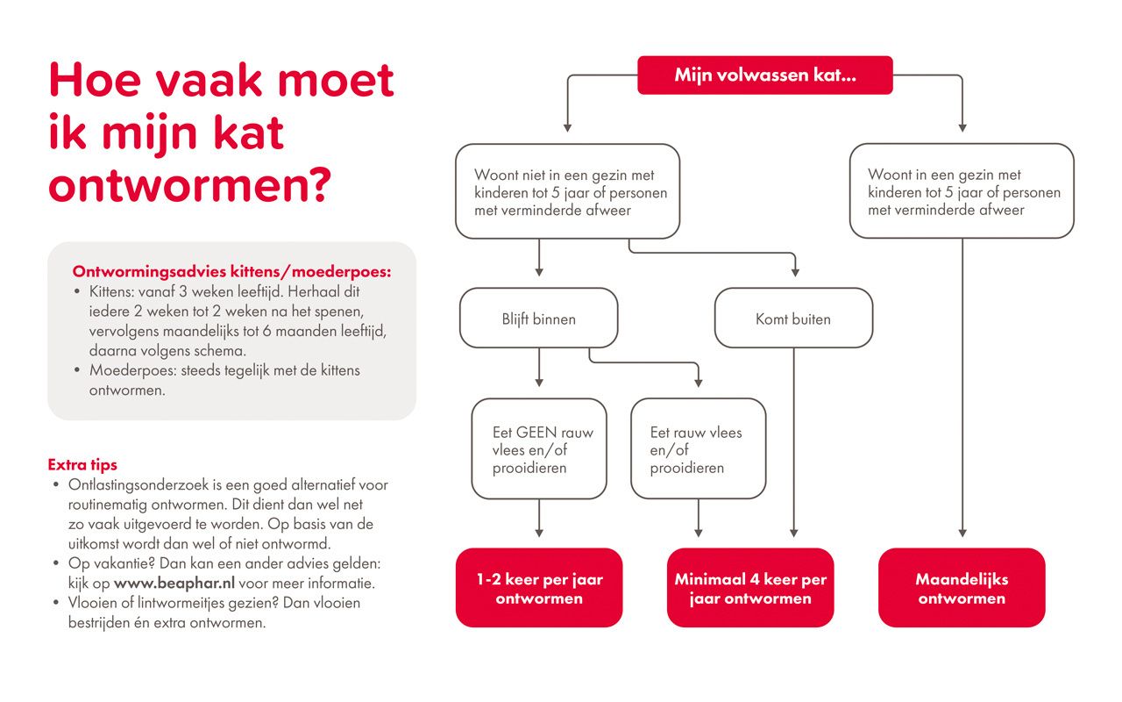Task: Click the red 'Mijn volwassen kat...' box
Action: [x=764, y=75]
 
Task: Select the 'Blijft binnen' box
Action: [x=538, y=319]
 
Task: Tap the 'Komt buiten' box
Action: [x=793, y=319]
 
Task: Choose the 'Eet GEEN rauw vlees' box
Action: [x=538, y=449]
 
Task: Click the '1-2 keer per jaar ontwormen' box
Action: [x=538, y=589]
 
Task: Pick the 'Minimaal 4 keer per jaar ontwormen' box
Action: [x=749, y=589]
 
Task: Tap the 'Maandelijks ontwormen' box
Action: [x=962, y=589]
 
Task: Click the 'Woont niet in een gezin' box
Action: [x=567, y=192]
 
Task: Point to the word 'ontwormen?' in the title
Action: [x=189, y=185]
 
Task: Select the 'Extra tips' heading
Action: [x=82, y=464]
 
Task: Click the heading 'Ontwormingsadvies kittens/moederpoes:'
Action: [x=231, y=271]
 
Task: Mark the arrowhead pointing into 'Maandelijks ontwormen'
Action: [x=962, y=533]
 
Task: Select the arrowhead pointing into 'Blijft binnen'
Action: [x=538, y=270]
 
